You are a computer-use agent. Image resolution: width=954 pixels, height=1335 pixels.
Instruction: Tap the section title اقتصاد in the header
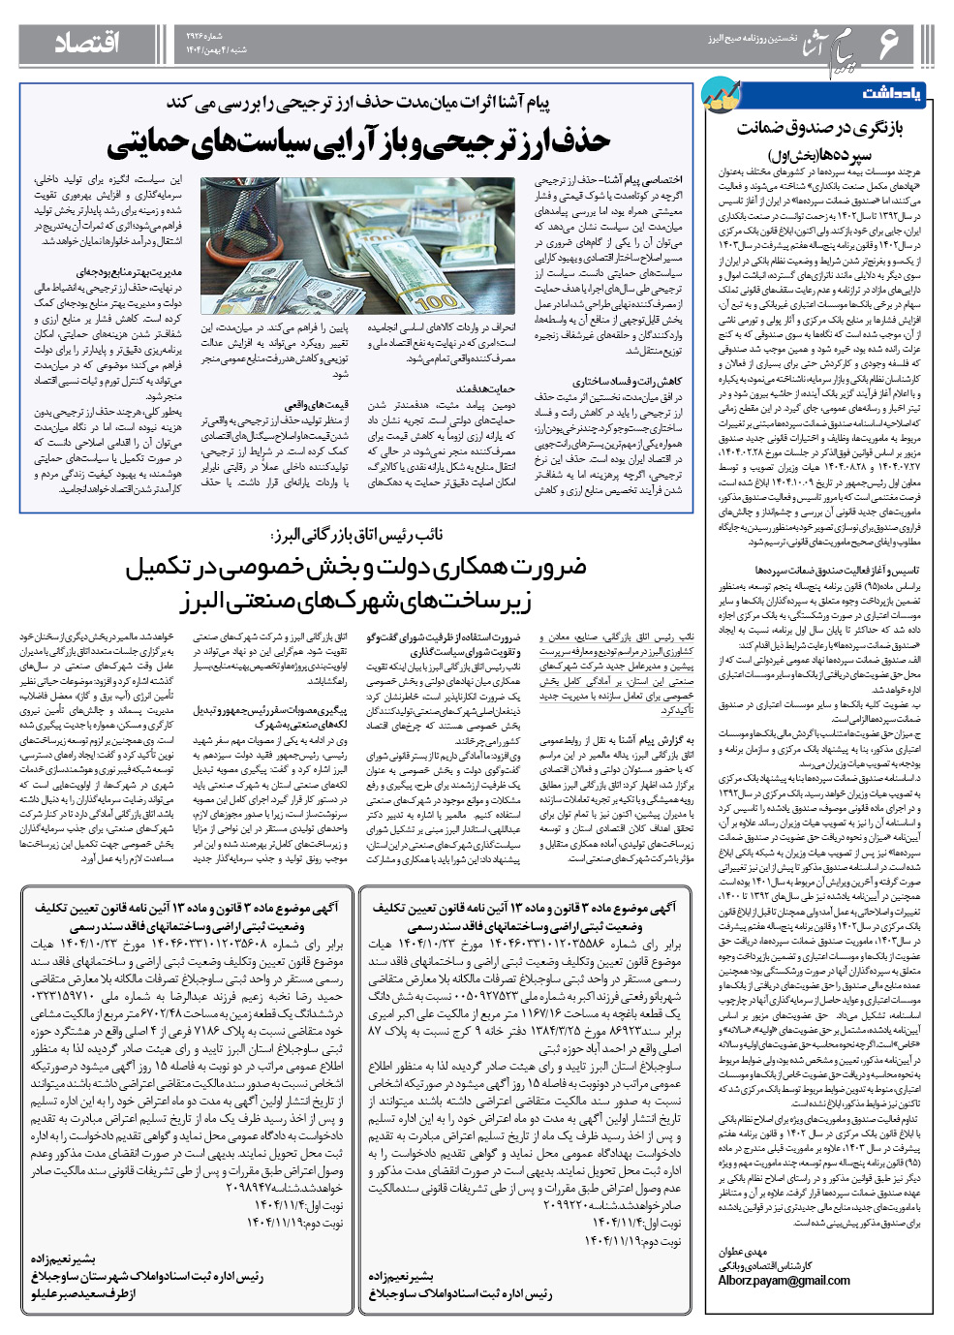[87, 43]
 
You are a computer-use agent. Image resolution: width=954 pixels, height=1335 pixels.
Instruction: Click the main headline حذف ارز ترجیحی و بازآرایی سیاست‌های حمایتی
[358, 141]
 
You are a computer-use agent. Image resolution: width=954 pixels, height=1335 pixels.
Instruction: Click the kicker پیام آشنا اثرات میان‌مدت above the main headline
[358, 103]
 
